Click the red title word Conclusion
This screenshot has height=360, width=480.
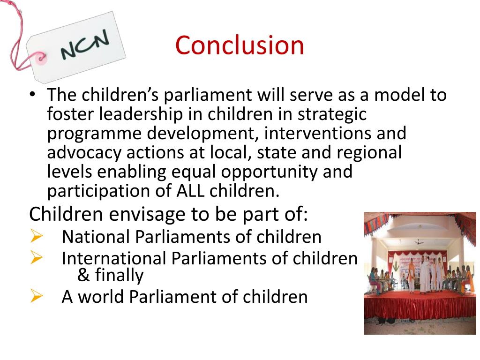tap(240, 45)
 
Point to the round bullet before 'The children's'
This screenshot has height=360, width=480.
tap(32, 95)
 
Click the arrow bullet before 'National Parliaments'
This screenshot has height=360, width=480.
tap(36, 236)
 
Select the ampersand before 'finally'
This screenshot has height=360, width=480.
tap(83, 275)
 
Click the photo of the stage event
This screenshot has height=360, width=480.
tap(420, 273)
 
